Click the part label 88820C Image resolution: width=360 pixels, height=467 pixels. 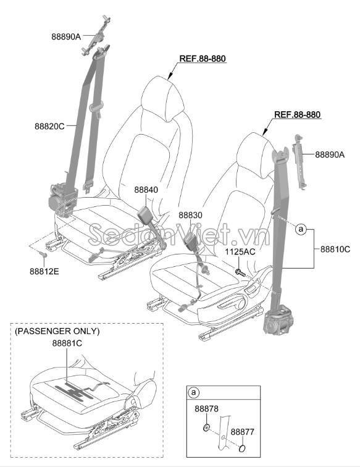click(x=49, y=126)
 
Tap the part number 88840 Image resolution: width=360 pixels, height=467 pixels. click(x=146, y=190)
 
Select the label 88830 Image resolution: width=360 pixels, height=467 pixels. click(x=190, y=215)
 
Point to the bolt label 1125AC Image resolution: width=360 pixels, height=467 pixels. click(x=240, y=251)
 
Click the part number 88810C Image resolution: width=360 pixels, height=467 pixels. click(x=335, y=249)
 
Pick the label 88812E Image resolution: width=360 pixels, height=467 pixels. click(x=44, y=271)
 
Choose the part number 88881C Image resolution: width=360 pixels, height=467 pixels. click(x=67, y=343)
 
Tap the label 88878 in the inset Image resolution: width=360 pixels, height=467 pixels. click(x=207, y=409)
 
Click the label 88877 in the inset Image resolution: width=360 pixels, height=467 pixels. click(x=243, y=432)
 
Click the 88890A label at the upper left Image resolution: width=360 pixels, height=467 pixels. click(x=66, y=36)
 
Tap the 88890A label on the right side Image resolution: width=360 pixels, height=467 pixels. click(x=330, y=154)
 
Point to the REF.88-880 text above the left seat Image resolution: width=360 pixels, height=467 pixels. click(x=203, y=59)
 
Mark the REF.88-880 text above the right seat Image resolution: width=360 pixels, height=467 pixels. click(x=297, y=115)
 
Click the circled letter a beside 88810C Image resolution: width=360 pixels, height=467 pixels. click(x=301, y=229)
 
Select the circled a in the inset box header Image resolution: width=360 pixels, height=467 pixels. click(x=193, y=392)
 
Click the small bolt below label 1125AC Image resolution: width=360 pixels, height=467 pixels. click(x=240, y=272)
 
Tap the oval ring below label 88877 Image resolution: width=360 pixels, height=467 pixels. click(x=243, y=448)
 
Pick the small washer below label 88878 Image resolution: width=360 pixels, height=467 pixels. click(x=205, y=428)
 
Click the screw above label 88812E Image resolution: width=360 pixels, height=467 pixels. click(x=43, y=254)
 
